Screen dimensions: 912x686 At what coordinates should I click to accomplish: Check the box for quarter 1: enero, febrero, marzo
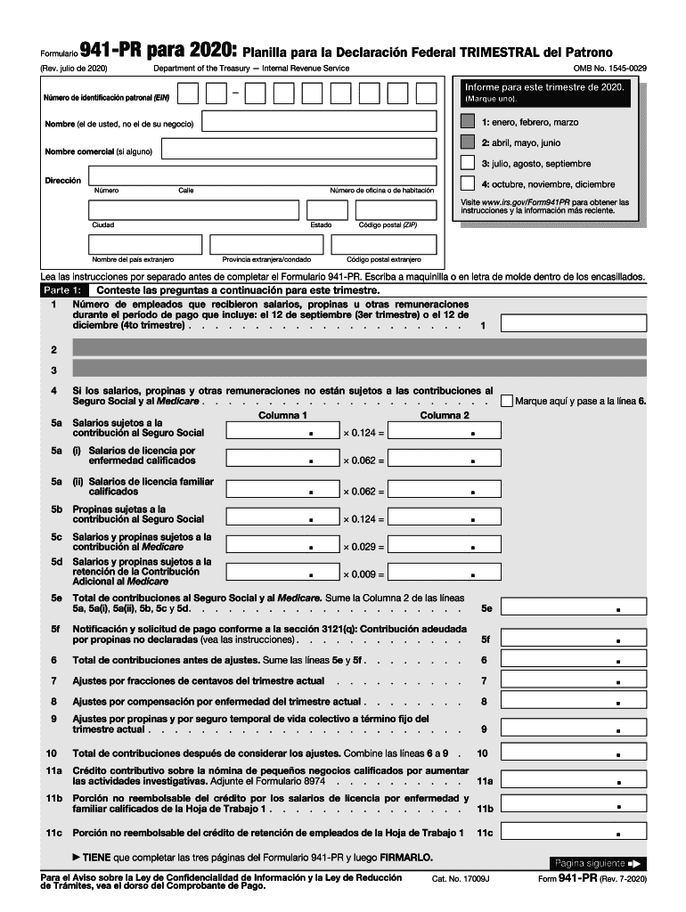click(468, 122)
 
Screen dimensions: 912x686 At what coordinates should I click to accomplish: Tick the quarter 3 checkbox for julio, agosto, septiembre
click(468, 163)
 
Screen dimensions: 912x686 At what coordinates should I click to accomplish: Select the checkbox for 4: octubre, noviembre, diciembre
click(468, 183)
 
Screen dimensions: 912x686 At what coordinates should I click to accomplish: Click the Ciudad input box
click(193, 210)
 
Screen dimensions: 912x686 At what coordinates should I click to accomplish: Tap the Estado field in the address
click(327, 210)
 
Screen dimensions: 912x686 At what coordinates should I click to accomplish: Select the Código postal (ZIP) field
click(396, 210)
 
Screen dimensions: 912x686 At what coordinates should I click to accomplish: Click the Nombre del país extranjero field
click(145, 245)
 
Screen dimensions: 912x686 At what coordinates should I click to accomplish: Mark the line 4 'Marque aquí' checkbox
click(508, 402)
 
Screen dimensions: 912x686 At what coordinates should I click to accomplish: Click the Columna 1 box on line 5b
click(282, 517)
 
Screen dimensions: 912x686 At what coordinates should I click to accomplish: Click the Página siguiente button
click(597, 863)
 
